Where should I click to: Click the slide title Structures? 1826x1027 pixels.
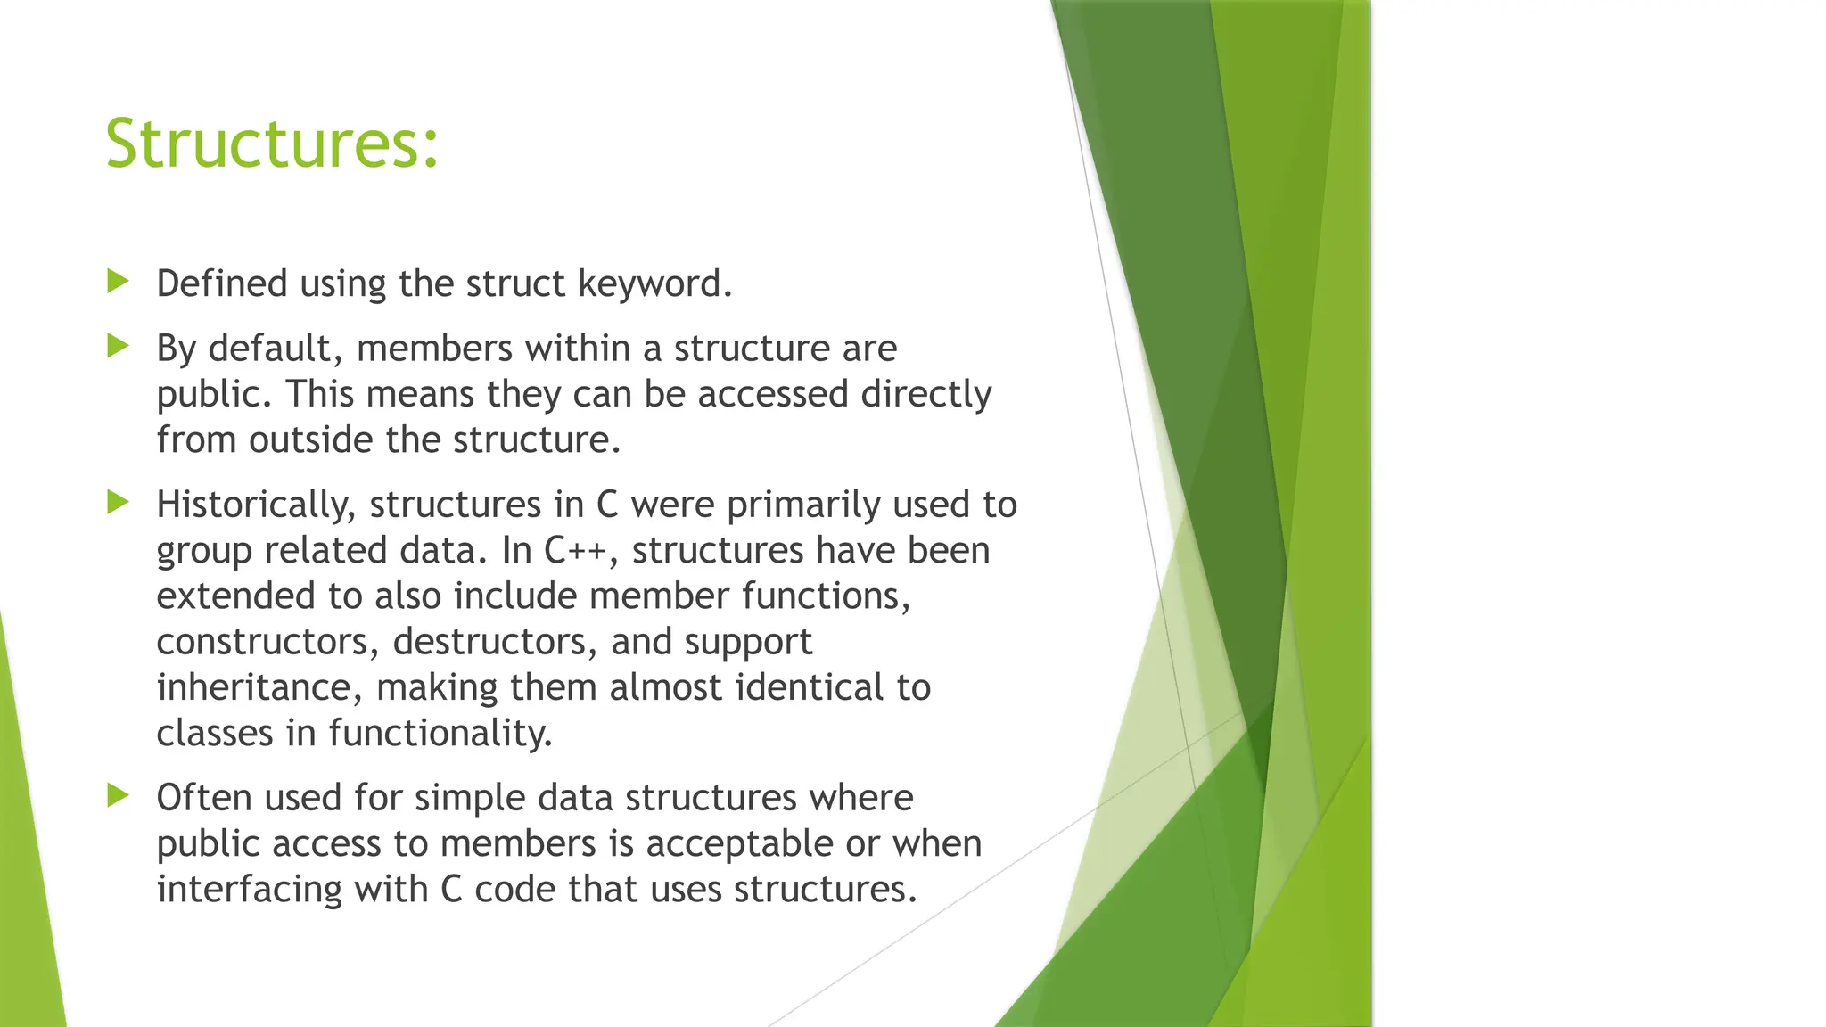click(x=272, y=143)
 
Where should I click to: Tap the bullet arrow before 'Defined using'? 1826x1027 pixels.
click(x=118, y=282)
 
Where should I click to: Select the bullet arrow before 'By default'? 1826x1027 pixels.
click(x=118, y=346)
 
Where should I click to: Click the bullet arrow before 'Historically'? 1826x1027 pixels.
click(x=118, y=503)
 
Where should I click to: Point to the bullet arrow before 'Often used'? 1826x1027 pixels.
click(x=118, y=795)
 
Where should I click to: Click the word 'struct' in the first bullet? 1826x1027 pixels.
click(x=515, y=283)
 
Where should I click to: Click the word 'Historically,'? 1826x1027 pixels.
click(x=256, y=505)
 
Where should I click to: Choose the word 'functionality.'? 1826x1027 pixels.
click(x=440, y=734)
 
